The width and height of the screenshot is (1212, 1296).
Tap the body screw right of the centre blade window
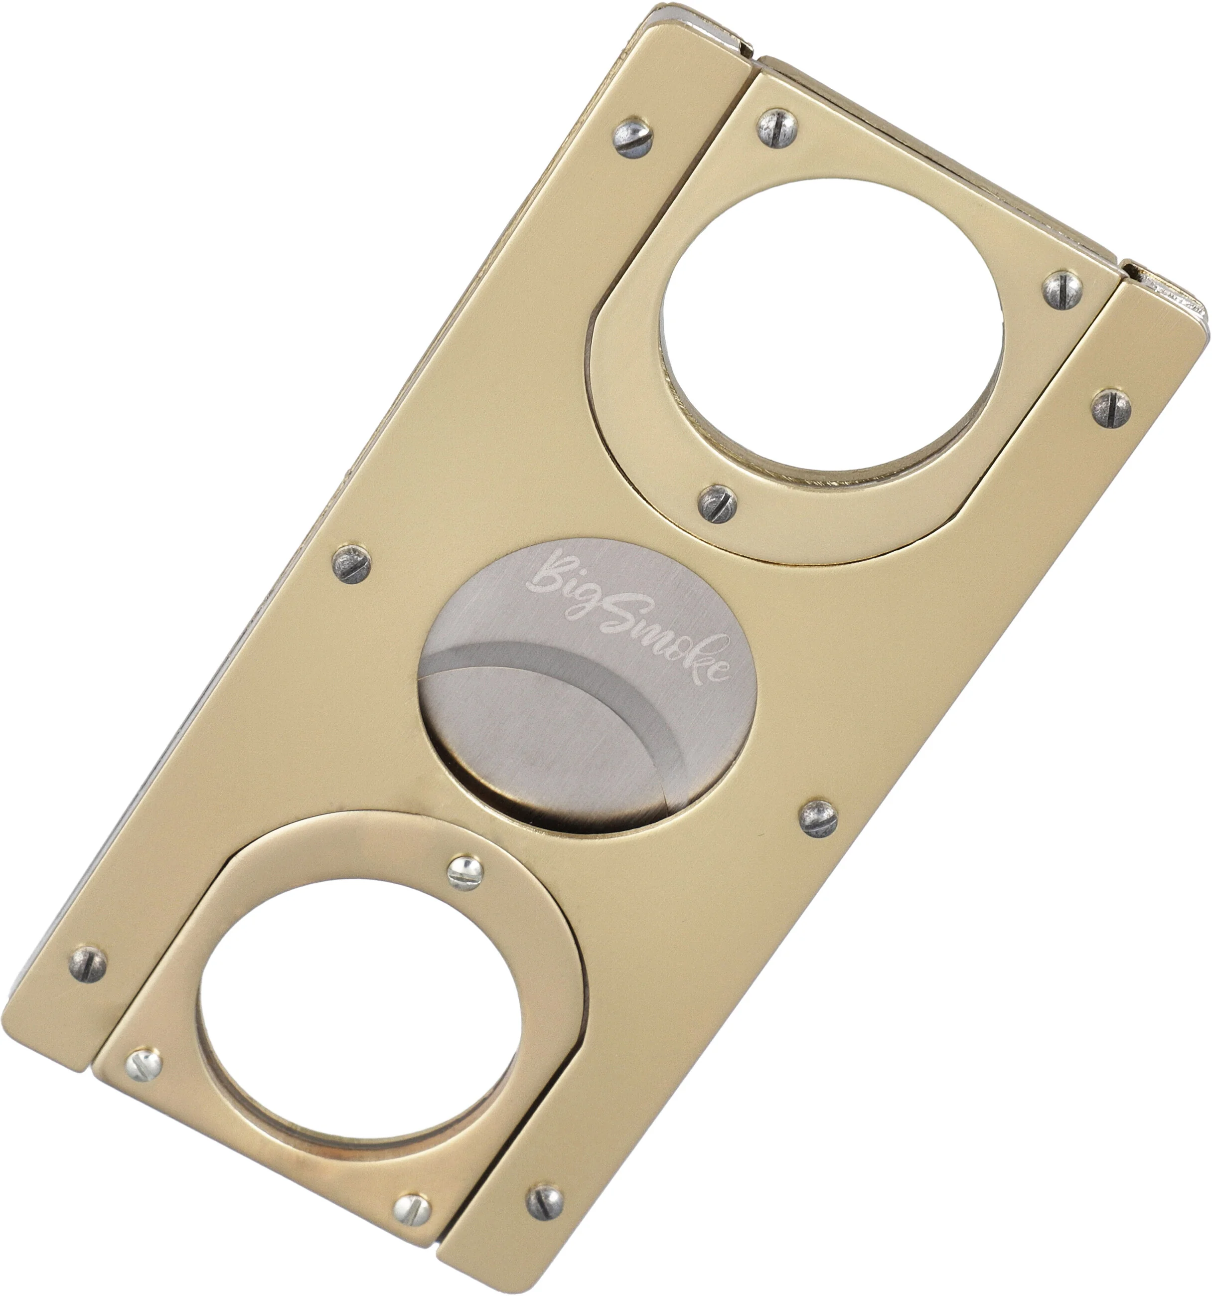tap(818, 818)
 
